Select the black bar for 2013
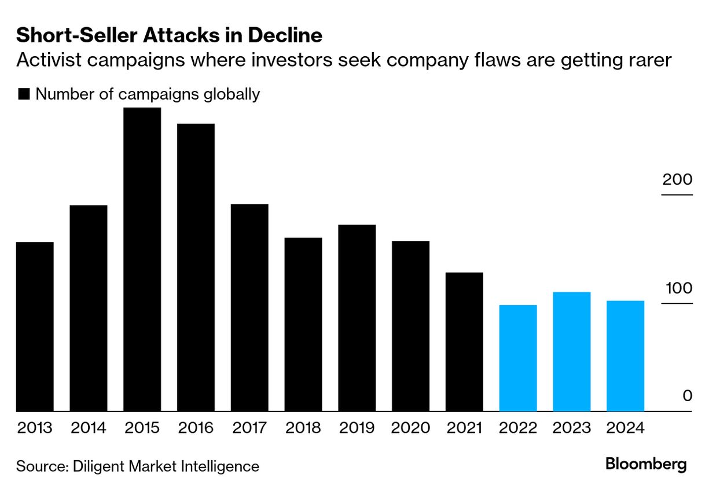35,326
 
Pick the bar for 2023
571,351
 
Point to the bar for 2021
464,342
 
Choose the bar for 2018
303,324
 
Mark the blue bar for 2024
625,356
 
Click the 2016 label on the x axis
196,428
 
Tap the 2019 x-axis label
357,428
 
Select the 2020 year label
410,428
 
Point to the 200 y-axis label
677,179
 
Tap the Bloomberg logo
646,464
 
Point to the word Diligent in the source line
101,466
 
